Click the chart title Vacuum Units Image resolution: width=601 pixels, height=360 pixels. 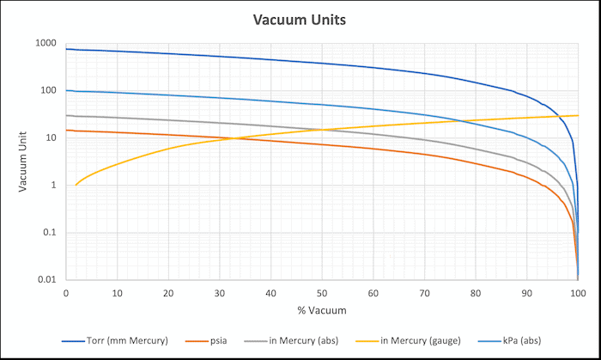[300, 19]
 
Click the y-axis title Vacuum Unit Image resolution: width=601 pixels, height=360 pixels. [23, 161]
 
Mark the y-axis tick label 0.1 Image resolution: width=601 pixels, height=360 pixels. [50, 233]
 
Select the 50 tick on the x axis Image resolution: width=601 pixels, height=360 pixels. [322, 292]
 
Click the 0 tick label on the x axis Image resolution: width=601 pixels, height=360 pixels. [66, 292]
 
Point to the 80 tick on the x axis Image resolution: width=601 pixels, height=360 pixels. [476, 292]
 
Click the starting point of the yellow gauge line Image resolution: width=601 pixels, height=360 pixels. [76, 185]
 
